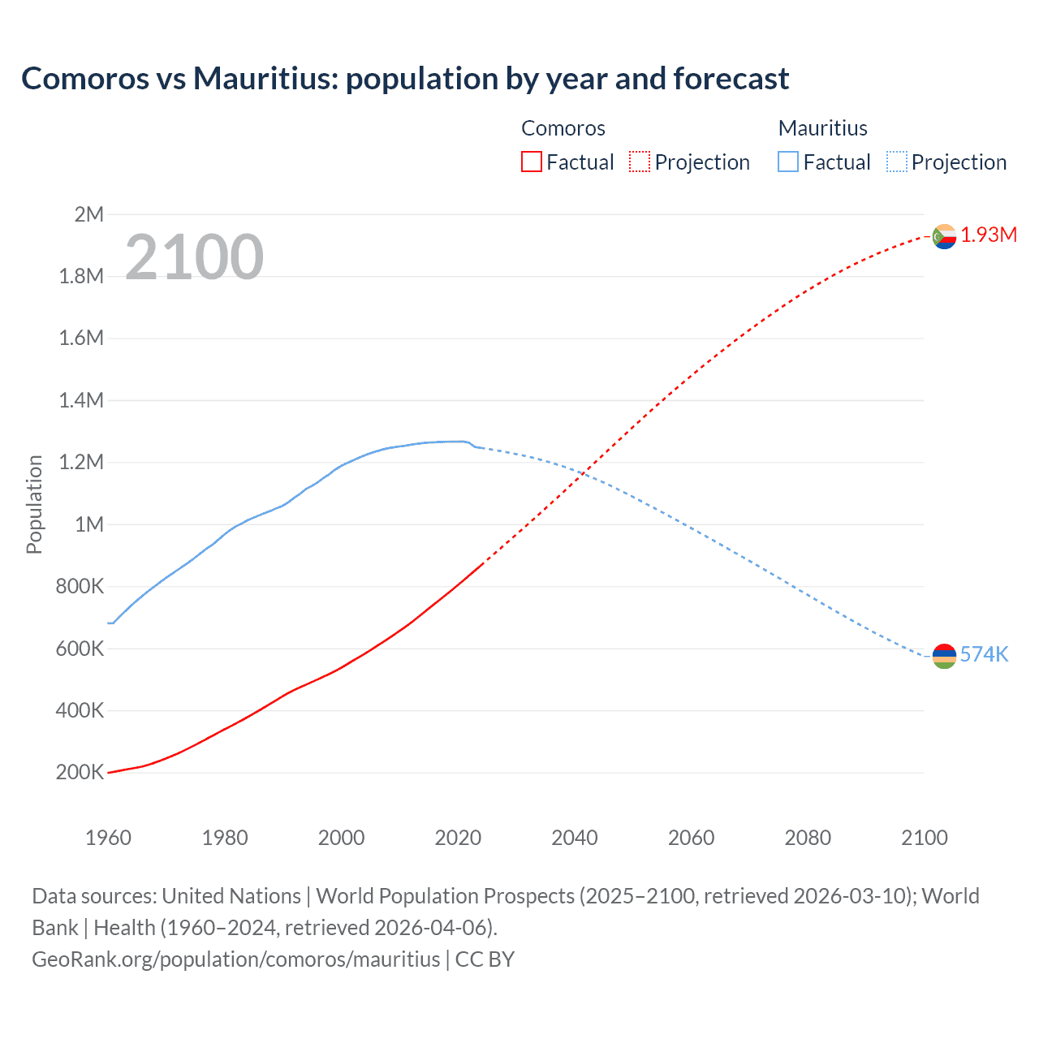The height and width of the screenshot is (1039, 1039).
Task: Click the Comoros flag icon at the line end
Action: tap(944, 236)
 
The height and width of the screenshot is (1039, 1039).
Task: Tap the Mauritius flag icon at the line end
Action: tap(944, 655)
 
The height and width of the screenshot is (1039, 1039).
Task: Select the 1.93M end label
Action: tap(989, 235)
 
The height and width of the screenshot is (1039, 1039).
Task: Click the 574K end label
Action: tap(984, 655)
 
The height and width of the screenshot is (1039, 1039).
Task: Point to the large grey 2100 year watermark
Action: tap(194, 257)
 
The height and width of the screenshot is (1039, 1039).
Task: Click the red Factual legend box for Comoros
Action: tap(531, 162)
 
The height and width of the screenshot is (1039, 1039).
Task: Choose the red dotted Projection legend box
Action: tap(640, 162)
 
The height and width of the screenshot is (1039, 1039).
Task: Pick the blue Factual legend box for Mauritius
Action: tap(787, 162)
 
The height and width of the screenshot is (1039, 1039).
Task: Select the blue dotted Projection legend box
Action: tap(896, 162)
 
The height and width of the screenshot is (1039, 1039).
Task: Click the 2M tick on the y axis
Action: tap(88, 214)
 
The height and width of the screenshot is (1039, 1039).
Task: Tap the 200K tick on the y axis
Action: tap(80, 773)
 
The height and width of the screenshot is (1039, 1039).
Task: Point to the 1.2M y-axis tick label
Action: tap(81, 463)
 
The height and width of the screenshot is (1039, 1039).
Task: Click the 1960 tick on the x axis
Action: tap(108, 838)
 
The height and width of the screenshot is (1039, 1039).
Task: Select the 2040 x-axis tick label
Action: tap(575, 838)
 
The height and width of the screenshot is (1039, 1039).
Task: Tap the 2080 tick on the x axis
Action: tap(808, 838)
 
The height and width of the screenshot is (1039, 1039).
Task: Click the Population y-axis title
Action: tap(34, 504)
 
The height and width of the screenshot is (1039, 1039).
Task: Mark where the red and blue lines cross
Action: tap(583, 473)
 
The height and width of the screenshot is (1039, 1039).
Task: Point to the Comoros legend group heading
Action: tap(563, 128)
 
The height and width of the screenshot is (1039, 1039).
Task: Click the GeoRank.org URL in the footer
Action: tap(235, 959)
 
